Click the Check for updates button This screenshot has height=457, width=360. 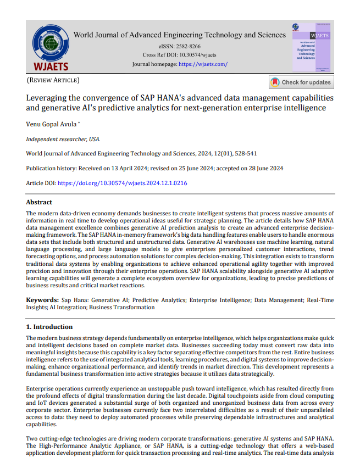pyautogui.click(x=301, y=82)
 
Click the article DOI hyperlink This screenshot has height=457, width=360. pyautogui.click(x=123, y=183)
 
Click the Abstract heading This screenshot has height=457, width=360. pyautogui.click(x=40, y=202)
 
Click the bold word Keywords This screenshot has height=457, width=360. pyautogui.click(x=42, y=300)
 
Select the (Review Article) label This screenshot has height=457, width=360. pyautogui.click(x=53, y=81)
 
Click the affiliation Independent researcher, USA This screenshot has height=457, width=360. pyautogui.click(x=63, y=140)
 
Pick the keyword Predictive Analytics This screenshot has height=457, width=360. pyautogui.click(x=160, y=300)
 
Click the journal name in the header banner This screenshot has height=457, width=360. pyautogui.click(x=180, y=35)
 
